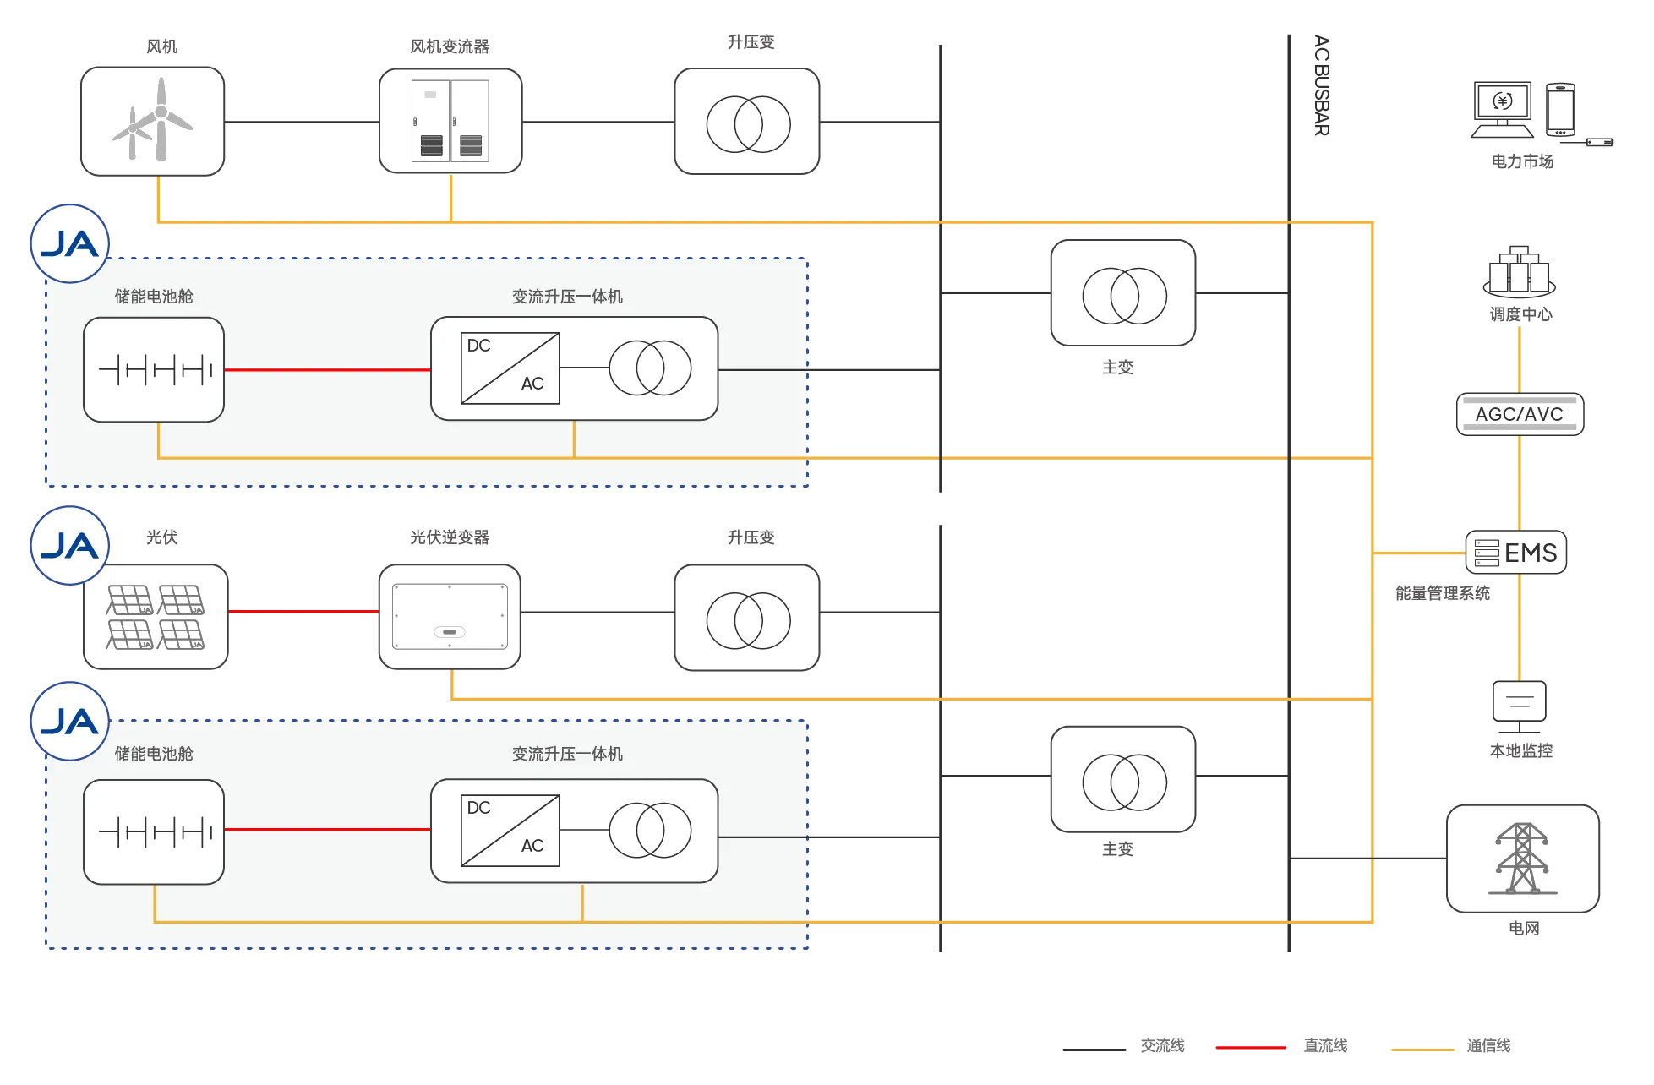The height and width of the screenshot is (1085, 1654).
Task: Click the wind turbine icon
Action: pyautogui.click(x=153, y=121)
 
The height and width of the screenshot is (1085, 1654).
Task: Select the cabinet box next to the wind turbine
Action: pyautogui.click(x=450, y=121)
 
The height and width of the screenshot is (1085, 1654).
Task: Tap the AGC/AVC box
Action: pyautogui.click(x=1519, y=414)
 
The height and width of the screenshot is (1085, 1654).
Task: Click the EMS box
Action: pyautogui.click(x=1516, y=553)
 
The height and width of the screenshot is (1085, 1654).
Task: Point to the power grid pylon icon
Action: pyautogui.click(x=1522, y=859)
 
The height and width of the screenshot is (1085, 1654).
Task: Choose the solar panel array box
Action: pyautogui.click(x=156, y=617)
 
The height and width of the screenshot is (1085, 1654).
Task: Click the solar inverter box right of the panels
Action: pyautogui.click(x=450, y=617)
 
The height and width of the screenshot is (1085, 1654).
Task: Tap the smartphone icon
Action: pyautogui.click(x=1559, y=109)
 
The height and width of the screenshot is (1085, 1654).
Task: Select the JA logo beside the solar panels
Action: pyautogui.click(x=70, y=546)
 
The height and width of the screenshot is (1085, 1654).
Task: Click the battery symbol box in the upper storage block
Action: pyautogui.click(x=154, y=369)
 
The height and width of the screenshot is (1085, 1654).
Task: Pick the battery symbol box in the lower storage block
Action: pyautogui.click(x=154, y=831)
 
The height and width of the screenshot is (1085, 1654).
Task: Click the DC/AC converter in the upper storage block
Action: pyautogui.click(x=510, y=368)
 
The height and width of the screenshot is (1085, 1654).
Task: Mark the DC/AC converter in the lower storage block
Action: pyautogui.click(x=510, y=831)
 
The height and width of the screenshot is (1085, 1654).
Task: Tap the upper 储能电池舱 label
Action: pyautogui.click(x=154, y=297)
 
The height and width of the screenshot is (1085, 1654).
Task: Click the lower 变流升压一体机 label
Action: pyautogui.click(x=567, y=754)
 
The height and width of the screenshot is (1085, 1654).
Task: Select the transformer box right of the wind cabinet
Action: pyautogui.click(x=747, y=122)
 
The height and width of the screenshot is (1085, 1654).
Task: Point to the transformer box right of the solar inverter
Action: pyautogui.click(x=747, y=618)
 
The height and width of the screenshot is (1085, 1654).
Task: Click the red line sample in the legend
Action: pyautogui.click(x=1250, y=1048)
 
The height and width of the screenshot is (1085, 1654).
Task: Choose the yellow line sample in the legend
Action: pyautogui.click(x=1422, y=1050)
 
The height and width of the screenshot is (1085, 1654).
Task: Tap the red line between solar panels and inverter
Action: pyautogui.click(x=303, y=611)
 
